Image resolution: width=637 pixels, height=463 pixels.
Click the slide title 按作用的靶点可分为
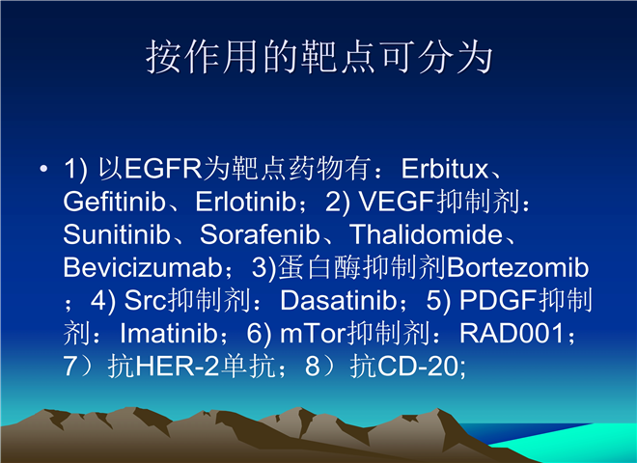tap(318, 57)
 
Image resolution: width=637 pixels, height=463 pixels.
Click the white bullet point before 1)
tap(43, 168)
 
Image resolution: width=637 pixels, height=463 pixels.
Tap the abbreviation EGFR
tap(163, 169)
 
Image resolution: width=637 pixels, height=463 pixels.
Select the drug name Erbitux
tap(444, 169)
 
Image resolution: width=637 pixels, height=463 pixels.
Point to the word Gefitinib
tap(115, 202)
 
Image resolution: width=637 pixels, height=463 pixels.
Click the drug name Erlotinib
tap(246, 202)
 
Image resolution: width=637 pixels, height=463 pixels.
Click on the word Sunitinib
tap(117, 234)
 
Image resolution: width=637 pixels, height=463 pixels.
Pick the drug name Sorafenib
tap(260, 234)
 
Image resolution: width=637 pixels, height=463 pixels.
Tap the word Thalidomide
tap(427, 234)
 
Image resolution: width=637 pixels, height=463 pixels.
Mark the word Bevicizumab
tap(143, 267)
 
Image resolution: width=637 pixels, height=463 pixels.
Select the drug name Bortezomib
tap(518, 267)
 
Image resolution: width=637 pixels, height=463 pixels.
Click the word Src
tap(146, 301)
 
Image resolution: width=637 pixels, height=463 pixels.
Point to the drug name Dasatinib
tap(339, 301)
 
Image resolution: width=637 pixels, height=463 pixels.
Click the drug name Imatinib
tap(169, 334)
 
